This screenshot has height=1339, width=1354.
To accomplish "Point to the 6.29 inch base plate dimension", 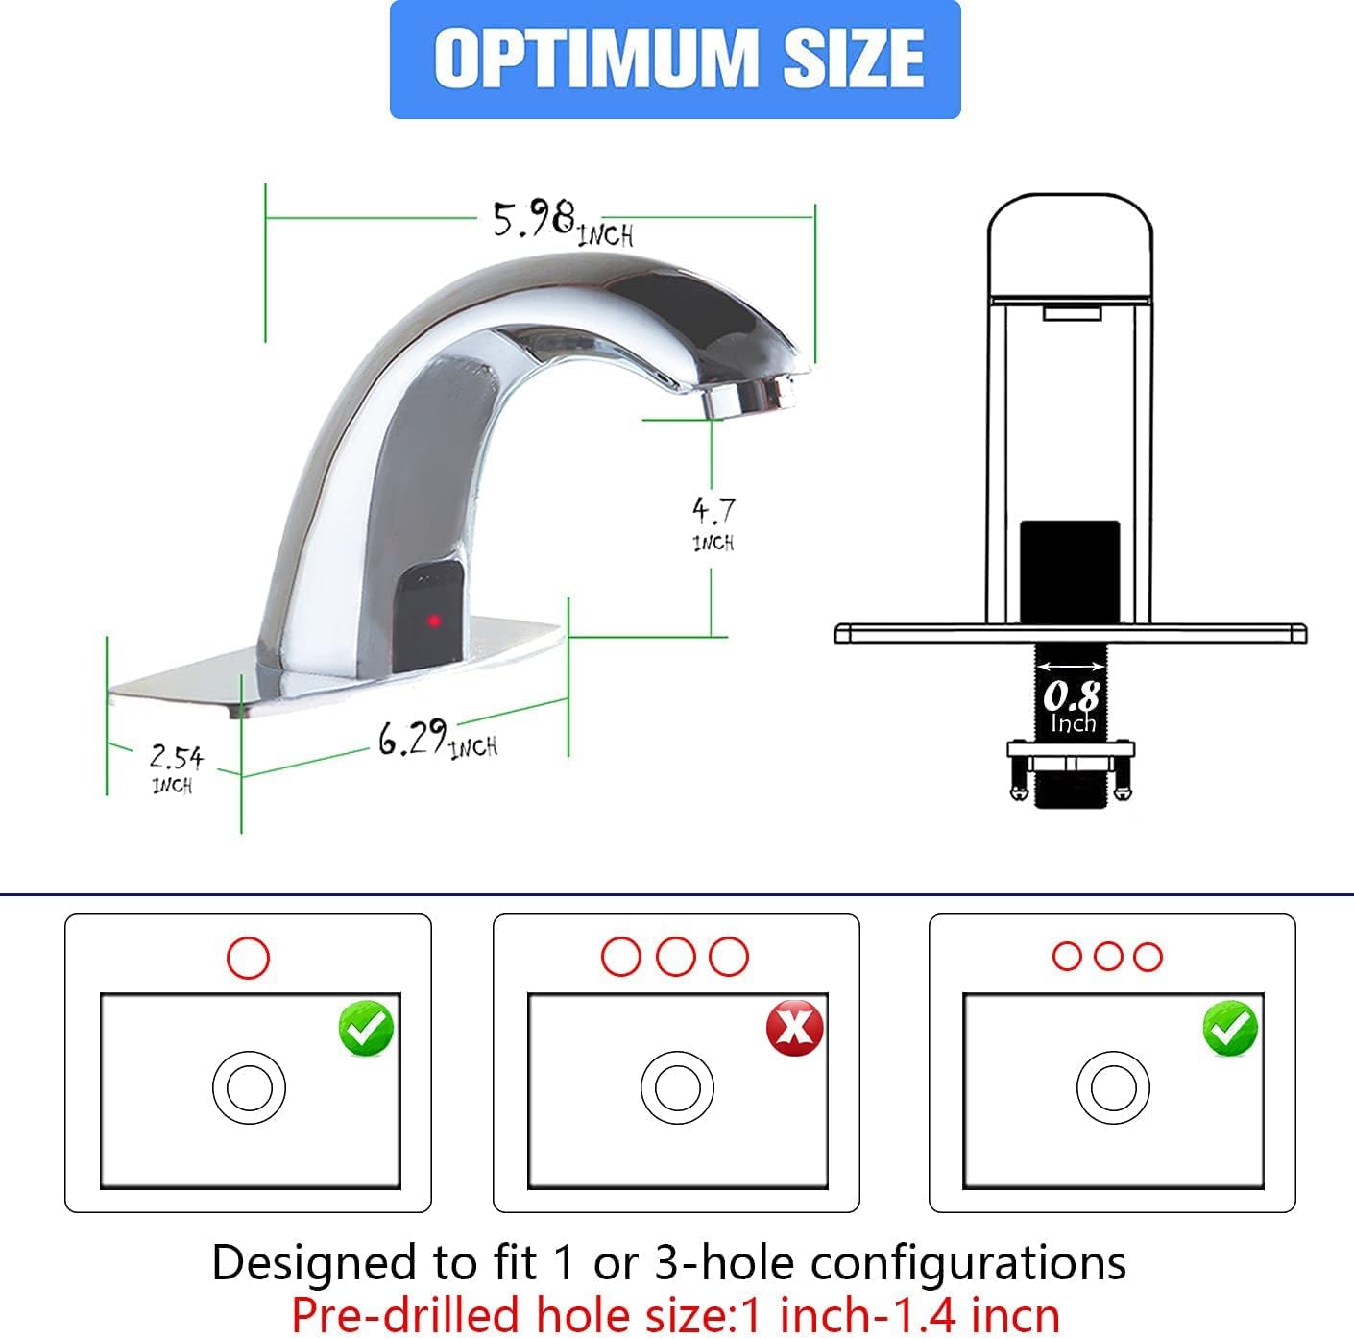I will [x=437, y=742].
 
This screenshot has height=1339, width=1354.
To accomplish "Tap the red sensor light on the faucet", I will [x=434, y=620].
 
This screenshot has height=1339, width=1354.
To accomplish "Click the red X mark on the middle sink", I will [x=794, y=1028].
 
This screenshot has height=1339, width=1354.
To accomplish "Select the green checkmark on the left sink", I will [x=366, y=1028].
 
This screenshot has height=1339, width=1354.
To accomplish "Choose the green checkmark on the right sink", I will [x=1230, y=1028].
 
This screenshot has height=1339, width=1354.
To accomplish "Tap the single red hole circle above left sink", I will [x=248, y=957].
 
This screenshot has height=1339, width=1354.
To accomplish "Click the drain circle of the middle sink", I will [x=677, y=1088].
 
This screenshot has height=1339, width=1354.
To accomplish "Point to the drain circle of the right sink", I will [x=1113, y=1088].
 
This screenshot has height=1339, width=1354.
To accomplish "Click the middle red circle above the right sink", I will [x=1107, y=957].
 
